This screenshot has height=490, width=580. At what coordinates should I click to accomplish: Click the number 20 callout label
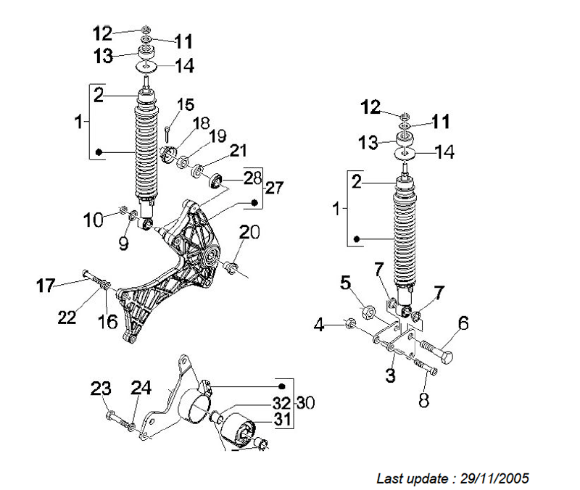(249, 233)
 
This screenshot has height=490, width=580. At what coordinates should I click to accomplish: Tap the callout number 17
(46, 286)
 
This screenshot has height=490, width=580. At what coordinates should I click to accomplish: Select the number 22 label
(67, 317)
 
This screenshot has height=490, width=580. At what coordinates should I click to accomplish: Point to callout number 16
(107, 321)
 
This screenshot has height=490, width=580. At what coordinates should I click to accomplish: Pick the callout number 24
(141, 389)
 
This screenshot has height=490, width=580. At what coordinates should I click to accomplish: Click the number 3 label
(390, 375)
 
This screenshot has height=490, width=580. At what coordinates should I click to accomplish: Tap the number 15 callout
(186, 104)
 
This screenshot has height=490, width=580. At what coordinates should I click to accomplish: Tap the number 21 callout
(239, 151)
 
